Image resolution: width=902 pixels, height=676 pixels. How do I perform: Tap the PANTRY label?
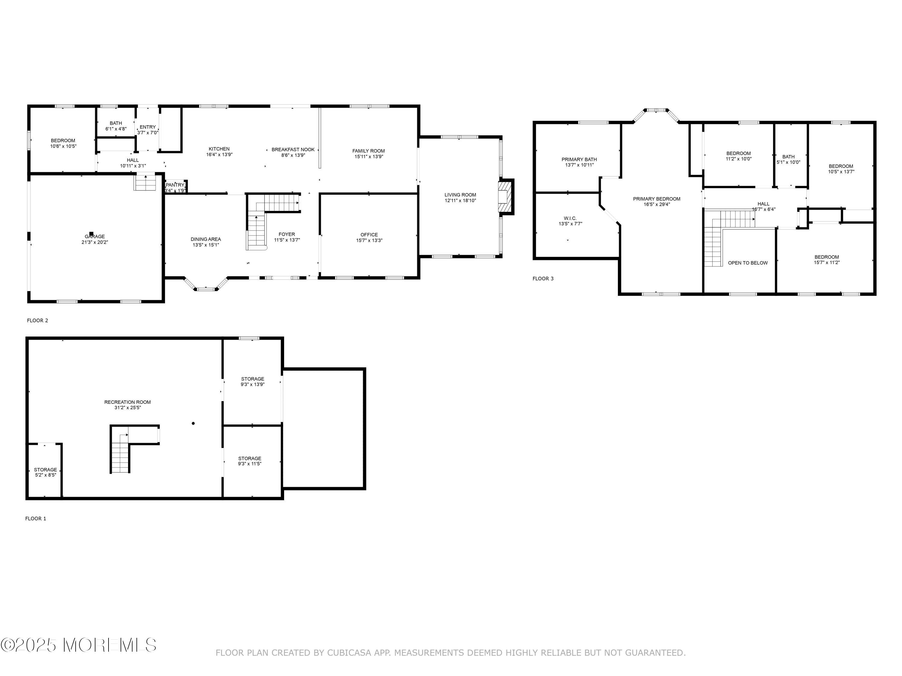[175, 185]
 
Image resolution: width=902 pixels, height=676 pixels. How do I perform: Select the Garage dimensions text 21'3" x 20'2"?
[95, 242]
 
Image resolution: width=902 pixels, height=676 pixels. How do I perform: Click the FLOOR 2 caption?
[38, 320]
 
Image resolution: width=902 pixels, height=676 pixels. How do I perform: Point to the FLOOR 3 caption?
[543, 279]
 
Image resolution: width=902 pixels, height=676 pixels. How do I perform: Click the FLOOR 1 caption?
[36, 518]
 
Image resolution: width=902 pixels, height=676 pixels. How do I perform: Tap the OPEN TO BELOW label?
[748, 263]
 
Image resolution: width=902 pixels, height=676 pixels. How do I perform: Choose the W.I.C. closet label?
[570, 218]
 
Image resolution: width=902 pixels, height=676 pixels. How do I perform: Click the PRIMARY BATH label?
[579, 159]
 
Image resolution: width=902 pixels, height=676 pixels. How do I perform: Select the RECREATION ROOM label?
[128, 402]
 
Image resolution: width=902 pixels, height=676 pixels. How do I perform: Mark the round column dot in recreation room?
[193, 423]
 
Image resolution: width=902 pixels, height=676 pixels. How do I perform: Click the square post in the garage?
[91, 234]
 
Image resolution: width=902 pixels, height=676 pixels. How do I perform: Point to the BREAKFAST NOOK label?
[293, 150]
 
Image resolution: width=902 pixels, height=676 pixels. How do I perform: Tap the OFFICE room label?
[369, 235]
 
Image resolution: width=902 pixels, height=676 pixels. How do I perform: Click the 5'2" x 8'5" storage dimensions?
[46, 475]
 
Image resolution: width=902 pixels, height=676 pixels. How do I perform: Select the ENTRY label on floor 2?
[148, 127]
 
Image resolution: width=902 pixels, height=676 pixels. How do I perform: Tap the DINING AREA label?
[206, 239]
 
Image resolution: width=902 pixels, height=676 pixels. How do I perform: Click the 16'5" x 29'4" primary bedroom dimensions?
[657, 205]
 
